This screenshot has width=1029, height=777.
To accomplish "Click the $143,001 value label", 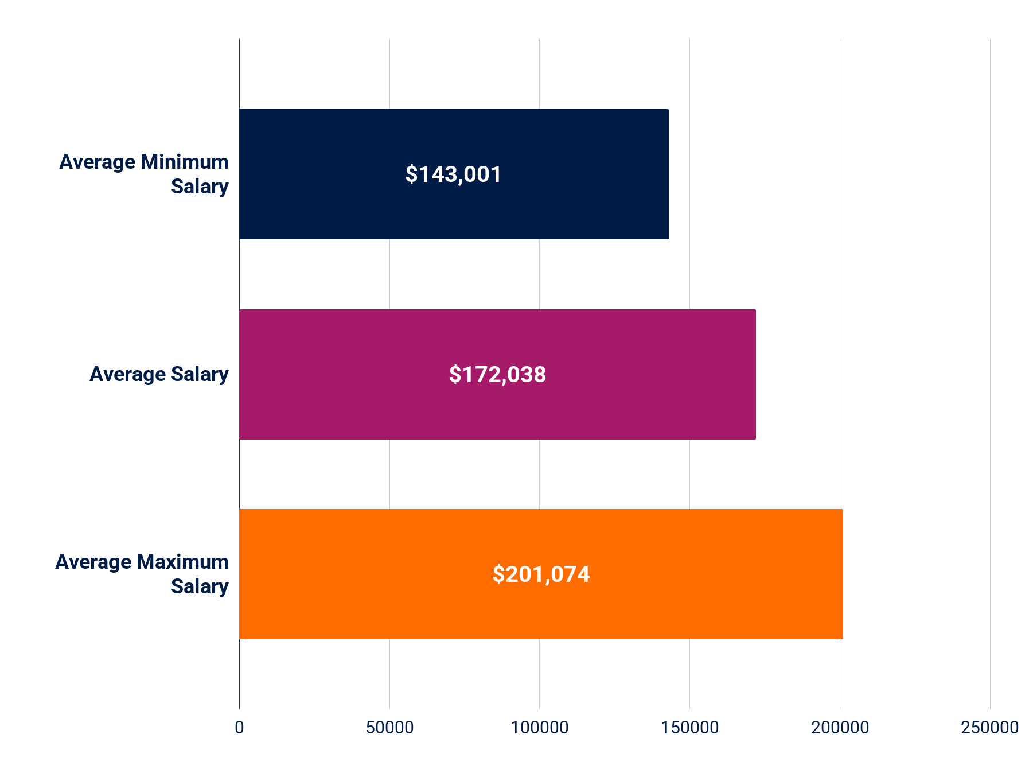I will click(x=453, y=174).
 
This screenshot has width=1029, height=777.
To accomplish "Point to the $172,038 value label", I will click(x=497, y=375).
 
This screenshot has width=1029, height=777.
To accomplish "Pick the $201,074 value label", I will click(x=541, y=574).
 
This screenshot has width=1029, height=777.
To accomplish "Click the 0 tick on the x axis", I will click(x=239, y=728).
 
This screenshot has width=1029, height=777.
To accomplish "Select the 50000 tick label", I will click(x=389, y=728).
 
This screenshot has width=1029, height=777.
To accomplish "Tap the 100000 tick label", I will click(x=540, y=728).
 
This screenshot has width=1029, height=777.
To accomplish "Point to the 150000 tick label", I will click(x=690, y=728).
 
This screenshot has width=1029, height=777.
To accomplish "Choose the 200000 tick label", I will click(x=840, y=728).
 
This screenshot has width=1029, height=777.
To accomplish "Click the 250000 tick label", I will click(x=989, y=728).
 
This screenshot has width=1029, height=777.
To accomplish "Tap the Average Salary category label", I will click(x=159, y=374).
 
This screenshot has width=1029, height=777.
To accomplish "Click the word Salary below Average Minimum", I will click(x=200, y=187).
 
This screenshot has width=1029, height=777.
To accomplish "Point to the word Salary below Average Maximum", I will click(x=200, y=586).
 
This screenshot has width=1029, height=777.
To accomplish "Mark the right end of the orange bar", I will click(x=841, y=574).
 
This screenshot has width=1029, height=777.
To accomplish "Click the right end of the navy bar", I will click(x=667, y=174).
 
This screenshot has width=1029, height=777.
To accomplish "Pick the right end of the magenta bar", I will click(x=754, y=374).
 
